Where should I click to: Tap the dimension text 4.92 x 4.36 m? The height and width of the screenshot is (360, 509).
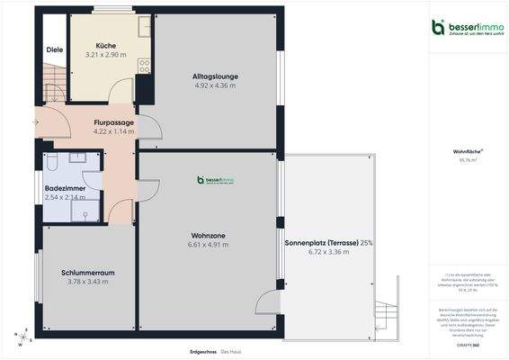coord(214,85)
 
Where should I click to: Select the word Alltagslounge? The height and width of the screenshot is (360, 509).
coord(214,76)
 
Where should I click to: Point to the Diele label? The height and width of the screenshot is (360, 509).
coord(54,49)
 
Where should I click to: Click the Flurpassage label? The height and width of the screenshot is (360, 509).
coord(113,122)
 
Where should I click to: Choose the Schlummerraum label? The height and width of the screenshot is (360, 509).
coord(88,272)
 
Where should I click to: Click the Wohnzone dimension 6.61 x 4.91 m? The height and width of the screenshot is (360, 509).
coord(208,245)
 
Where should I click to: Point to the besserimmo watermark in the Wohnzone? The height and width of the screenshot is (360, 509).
coord(216,180)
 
